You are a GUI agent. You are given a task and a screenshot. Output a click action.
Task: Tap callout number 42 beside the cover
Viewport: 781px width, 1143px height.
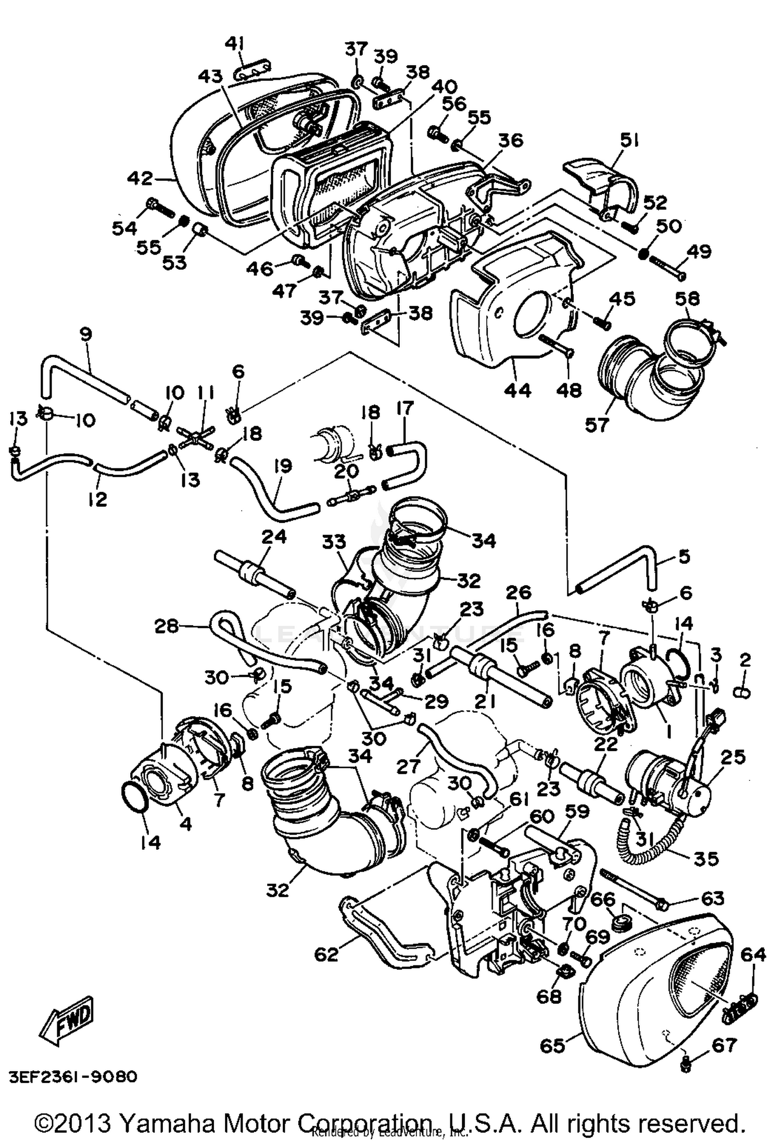tap(141, 179)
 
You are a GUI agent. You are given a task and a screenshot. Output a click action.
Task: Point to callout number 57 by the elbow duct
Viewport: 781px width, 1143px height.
tap(596, 425)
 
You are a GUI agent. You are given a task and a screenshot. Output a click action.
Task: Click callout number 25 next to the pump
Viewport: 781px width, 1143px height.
tap(733, 757)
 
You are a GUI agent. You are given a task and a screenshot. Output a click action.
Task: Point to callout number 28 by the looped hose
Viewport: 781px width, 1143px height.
tap(166, 626)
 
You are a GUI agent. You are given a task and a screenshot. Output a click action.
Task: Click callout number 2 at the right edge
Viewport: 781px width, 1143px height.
tap(745, 661)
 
